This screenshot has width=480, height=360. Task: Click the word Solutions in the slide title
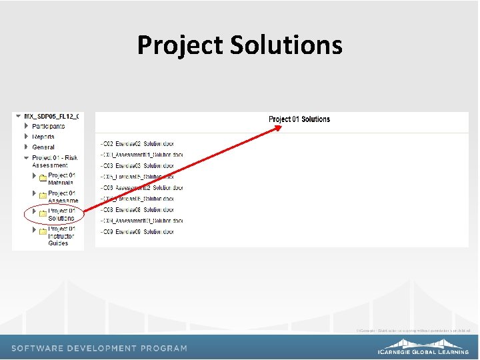(286, 45)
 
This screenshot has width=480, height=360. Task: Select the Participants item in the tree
(49, 126)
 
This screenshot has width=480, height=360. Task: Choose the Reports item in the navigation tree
(43, 137)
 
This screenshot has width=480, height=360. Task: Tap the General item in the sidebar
(43, 147)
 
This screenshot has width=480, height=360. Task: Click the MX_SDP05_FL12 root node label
(51, 116)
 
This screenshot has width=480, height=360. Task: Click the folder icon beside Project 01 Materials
(43, 177)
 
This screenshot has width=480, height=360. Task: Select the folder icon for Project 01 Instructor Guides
(43, 231)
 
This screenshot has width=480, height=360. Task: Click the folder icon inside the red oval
(43, 213)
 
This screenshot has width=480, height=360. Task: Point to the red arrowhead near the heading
(278, 129)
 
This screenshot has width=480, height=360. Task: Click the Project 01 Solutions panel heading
(299, 119)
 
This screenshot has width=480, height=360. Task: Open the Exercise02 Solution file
(137, 144)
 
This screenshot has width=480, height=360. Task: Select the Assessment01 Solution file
(141, 155)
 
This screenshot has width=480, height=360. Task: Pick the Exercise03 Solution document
(137, 166)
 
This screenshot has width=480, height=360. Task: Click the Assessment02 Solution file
(141, 188)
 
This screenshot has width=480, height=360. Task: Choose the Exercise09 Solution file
(137, 232)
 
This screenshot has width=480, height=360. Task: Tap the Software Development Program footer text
(99, 348)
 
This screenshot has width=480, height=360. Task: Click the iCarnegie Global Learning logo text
(423, 351)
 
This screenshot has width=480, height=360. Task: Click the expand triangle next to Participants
(27, 126)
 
